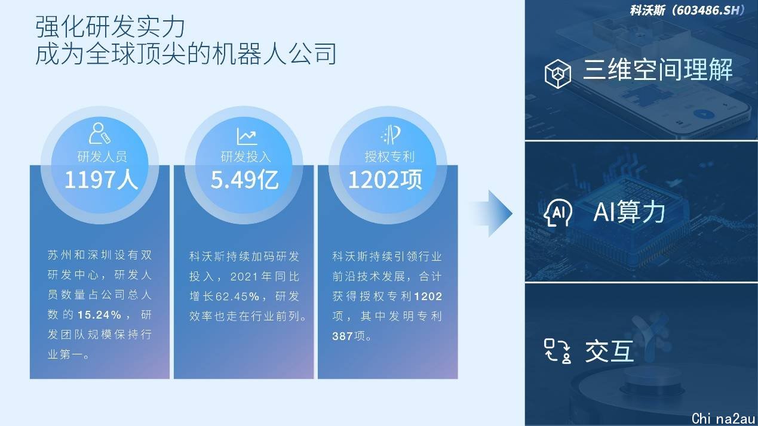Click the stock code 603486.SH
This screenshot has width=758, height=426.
708,10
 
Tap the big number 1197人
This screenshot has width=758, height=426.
101,180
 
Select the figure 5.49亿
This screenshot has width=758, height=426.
245,180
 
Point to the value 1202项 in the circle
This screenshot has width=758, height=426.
385,180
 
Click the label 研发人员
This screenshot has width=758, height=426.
102,156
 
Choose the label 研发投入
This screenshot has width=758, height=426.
245,156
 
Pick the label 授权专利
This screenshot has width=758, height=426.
389,156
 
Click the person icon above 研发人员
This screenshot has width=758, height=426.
99,133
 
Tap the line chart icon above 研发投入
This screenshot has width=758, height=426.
247,136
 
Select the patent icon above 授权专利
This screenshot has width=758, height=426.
391,134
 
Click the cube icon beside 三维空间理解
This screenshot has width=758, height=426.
558,74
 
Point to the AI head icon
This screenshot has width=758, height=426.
558,212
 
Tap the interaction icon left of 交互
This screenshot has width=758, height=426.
558,351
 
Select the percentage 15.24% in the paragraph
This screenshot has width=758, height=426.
99,315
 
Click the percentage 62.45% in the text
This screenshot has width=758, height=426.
237,297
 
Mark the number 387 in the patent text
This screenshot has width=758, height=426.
342,336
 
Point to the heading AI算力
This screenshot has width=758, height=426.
629,212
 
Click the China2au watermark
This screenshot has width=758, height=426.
723,419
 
